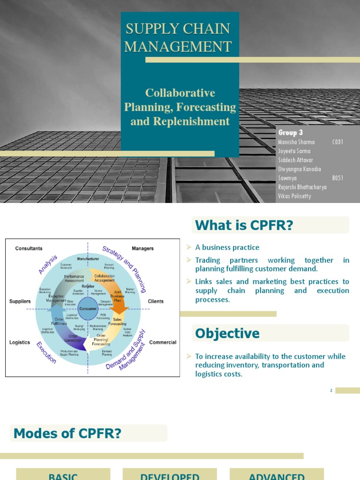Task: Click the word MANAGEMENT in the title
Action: (179, 46)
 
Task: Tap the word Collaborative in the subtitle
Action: (180, 93)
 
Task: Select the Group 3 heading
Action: (291, 133)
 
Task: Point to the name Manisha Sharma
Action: (297, 142)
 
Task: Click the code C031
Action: (337, 142)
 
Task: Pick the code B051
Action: (337, 178)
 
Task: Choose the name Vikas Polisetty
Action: (294, 196)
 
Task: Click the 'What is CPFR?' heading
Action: (244, 225)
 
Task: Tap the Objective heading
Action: (227, 333)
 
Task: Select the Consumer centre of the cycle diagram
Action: (88, 309)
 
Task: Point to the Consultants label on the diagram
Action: (29, 248)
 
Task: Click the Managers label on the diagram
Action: (142, 248)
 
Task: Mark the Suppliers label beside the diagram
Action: (20, 301)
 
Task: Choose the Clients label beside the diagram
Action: (156, 301)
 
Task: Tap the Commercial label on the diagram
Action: (163, 342)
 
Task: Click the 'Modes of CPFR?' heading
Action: (67, 434)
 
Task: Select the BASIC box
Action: (63, 475)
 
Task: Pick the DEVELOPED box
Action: (170, 475)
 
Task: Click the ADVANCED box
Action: (277, 475)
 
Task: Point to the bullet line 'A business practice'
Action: (227, 247)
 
